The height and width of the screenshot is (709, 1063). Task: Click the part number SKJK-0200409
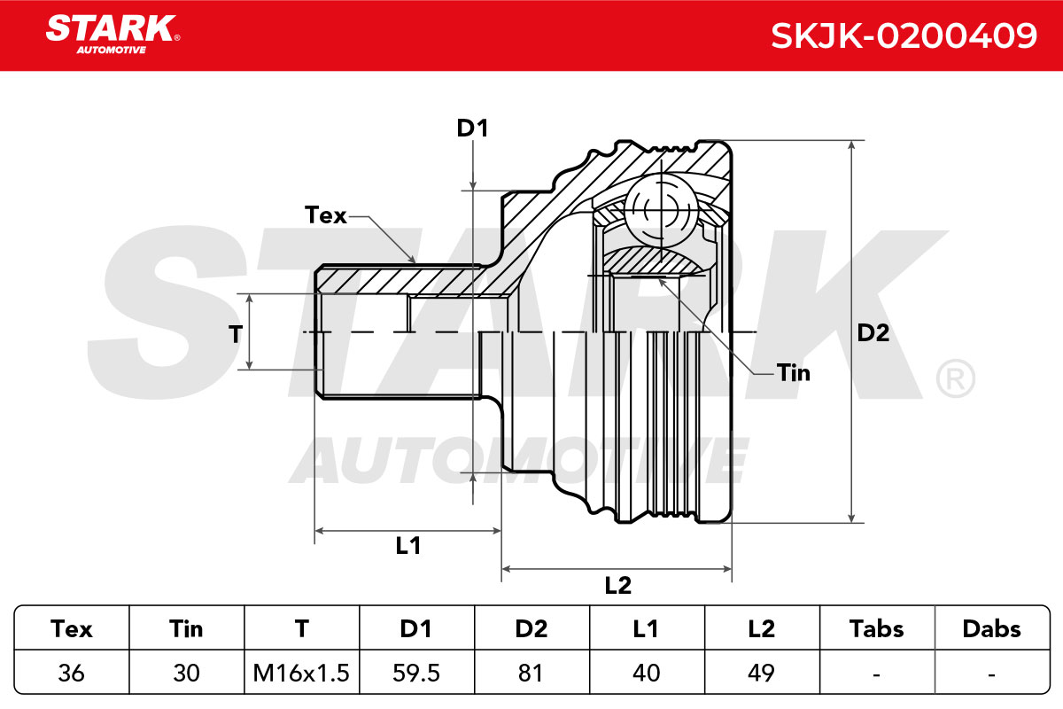point(904,35)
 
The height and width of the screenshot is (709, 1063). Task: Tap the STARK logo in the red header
point(113,35)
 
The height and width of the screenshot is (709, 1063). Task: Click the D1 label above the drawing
point(472,129)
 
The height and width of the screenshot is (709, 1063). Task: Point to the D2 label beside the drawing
point(873,333)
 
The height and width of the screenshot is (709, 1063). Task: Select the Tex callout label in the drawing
point(326,215)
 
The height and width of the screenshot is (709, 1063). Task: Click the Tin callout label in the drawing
point(794,373)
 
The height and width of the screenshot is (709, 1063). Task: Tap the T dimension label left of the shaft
point(236,334)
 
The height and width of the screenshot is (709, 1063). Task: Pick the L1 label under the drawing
point(408,546)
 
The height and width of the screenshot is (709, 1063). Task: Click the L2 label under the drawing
point(618,586)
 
